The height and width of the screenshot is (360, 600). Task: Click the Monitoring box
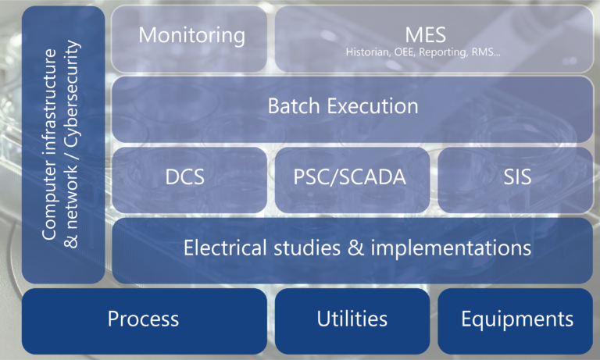[189, 38]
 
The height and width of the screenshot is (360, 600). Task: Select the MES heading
[426, 35]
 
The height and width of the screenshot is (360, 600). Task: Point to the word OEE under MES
[405, 52]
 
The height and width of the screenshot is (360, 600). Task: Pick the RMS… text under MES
[486, 52]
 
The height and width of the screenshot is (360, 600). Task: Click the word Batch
[294, 106]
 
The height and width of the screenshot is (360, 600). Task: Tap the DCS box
[189, 180]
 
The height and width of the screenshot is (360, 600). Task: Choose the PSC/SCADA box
[352, 180]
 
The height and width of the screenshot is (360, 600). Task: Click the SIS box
[516, 180]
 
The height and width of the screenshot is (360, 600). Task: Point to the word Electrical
[225, 248]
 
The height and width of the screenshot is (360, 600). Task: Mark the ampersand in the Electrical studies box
[356, 248]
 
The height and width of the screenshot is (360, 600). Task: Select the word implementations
[451, 248]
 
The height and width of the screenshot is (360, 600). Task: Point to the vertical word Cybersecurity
[72, 94]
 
